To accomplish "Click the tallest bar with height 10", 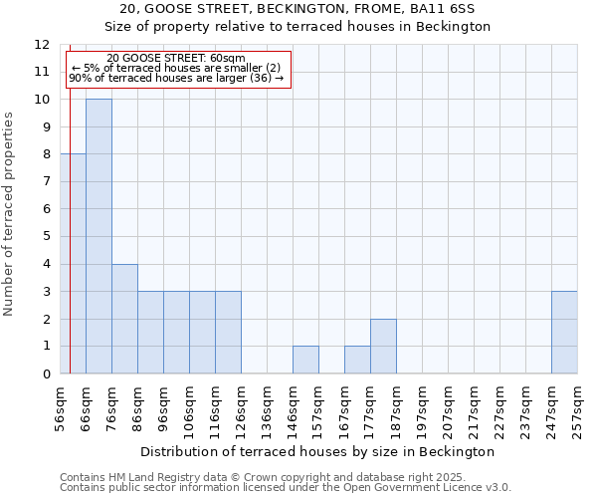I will pyautogui.click(x=99, y=236).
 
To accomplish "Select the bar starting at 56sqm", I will pyautogui.click(x=73, y=264).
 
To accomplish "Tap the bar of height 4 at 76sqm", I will pyautogui.click(x=124, y=319).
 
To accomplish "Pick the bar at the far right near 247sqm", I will pyautogui.click(x=564, y=333).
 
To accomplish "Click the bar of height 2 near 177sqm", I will pyautogui.click(x=383, y=347).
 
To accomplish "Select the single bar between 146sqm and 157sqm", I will pyautogui.click(x=305, y=360).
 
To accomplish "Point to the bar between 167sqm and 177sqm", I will pyautogui.click(x=357, y=360).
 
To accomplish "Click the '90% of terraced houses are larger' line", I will pyautogui.click(x=176, y=78).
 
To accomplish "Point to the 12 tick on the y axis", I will pyautogui.click(x=42, y=45).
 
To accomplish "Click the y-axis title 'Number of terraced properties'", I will pyautogui.click(x=9, y=213).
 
